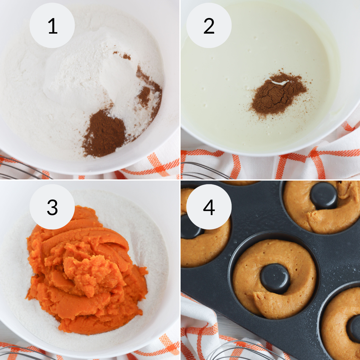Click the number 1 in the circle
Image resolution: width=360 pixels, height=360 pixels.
pyautogui.click(x=52, y=26)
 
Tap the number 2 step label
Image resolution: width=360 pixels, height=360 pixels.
pyautogui.click(x=209, y=26)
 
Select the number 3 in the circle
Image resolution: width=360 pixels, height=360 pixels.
pyautogui.click(x=52, y=207)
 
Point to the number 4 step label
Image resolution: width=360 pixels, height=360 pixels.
pyautogui.click(x=209, y=207)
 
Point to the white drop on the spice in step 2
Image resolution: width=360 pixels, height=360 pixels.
pyautogui.click(x=280, y=82)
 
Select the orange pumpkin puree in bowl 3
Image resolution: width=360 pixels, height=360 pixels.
pyautogui.click(x=87, y=270)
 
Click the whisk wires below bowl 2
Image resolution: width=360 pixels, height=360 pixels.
pyautogui.click(x=204, y=171)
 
